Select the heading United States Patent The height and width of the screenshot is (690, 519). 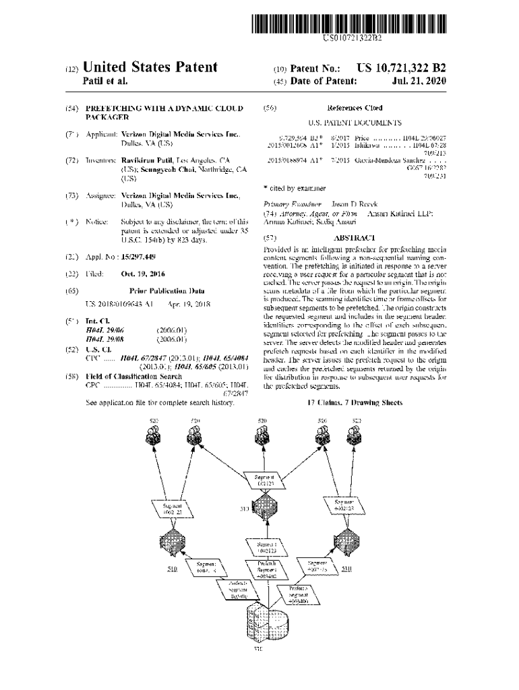pyautogui.click(x=150, y=67)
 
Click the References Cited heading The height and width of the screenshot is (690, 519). pyautogui.click(x=355, y=108)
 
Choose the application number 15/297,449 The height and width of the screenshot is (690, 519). pyautogui.click(x=138, y=257)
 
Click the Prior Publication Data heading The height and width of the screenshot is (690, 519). pyautogui.click(x=159, y=290)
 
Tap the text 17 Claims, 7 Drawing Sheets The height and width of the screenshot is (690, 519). pyautogui.click(x=355, y=402)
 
